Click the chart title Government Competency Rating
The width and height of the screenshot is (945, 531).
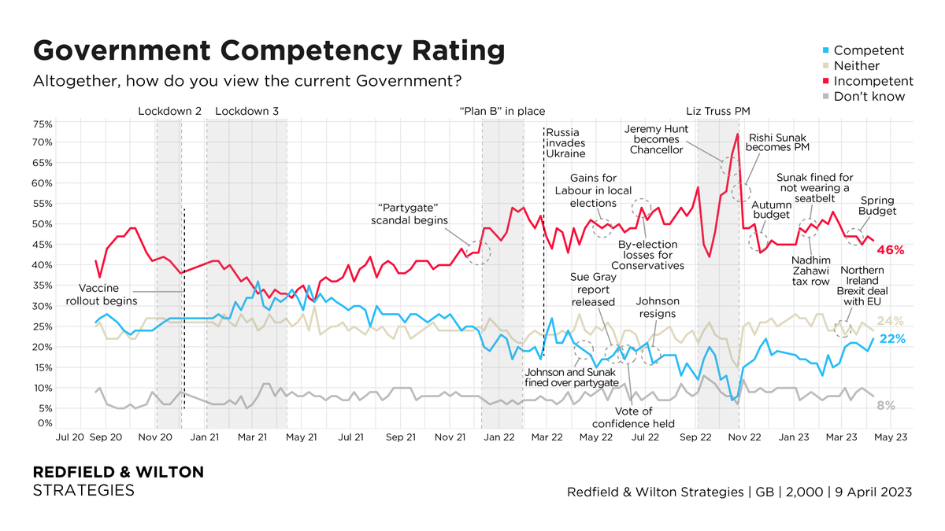269,50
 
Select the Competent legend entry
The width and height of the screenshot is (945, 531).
869,50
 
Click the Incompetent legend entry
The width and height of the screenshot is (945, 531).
873,81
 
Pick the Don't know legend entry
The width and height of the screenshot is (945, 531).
869,96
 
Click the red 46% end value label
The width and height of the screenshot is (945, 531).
891,250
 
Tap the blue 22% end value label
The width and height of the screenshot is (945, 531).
891,339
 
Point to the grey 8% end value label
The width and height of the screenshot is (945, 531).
886,405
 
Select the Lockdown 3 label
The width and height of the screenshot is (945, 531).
246,112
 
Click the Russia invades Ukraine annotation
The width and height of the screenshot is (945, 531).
566,143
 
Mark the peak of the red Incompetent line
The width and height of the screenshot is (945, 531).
737,135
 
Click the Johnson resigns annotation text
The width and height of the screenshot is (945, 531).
656,307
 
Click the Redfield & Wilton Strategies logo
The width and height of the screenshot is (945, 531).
117,481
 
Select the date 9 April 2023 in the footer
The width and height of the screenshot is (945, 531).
876,492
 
